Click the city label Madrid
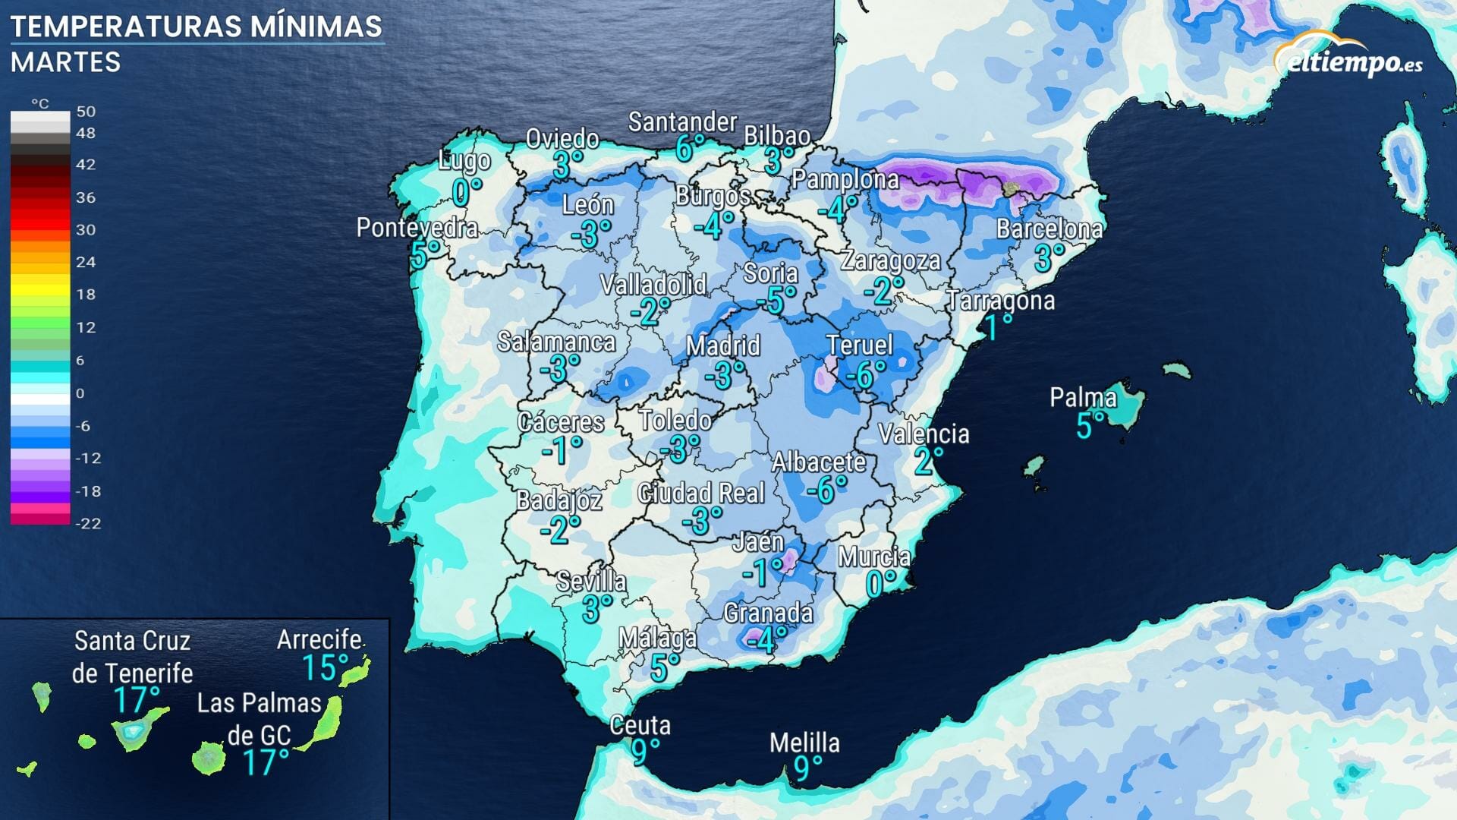click(722, 346)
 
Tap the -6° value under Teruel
click(865, 374)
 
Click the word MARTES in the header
click(66, 62)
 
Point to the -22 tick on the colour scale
click(88, 523)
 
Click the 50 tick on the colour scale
click(86, 111)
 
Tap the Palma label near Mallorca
click(1083, 397)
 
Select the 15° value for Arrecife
click(325, 667)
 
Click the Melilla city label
click(804, 743)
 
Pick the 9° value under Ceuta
click(646, 752)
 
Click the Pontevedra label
click(417, 227)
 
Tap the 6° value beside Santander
click(685, 149)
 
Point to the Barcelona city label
click(1049, 229)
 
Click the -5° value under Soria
click(776, 301)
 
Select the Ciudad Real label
click(701, 494)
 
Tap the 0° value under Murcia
click(880, 584)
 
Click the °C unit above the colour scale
click(39, 103)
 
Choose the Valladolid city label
click(653, 285)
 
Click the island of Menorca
click(1177, 370)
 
